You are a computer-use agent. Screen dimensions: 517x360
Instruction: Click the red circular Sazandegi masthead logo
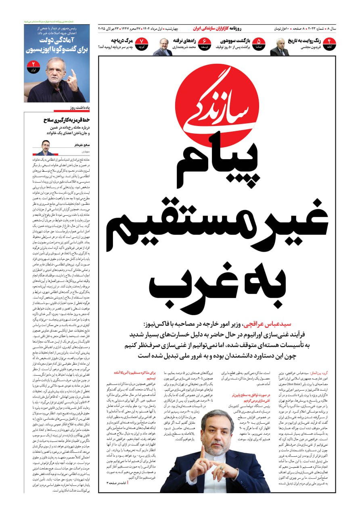click(x=217, y=104)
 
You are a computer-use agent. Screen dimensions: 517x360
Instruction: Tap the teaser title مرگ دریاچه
click(x=120, y=41)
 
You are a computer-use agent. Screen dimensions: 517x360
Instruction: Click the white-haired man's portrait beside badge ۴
click(x=279, y=47)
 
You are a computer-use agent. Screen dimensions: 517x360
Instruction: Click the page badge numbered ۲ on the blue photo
click(x=33, y=67)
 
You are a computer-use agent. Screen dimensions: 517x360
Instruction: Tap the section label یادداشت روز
click(x=78, y=108)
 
